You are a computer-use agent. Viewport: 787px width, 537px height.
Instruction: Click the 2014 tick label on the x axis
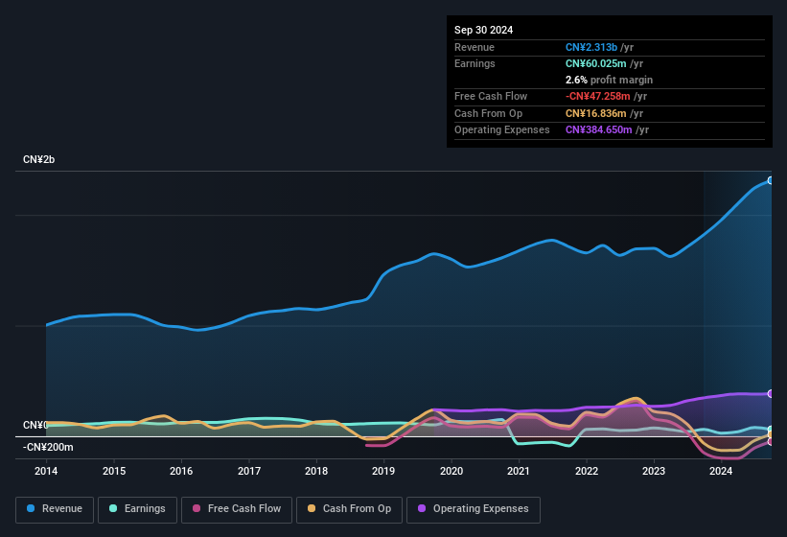tap(46, 471)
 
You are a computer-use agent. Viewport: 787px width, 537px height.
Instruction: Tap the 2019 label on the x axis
tap(383, 471)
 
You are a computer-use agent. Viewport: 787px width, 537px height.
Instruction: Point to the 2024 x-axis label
tap(721, 471)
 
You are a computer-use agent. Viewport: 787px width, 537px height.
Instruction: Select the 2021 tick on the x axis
tap(519, 471)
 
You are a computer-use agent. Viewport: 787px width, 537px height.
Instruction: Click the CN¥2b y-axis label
tap(39, 159)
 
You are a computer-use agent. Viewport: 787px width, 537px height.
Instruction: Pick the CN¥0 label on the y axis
tap(35, 425)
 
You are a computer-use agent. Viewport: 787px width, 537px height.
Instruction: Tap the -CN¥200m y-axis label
tap(48, 447)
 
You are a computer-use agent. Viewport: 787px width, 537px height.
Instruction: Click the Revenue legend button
tap(55, 509)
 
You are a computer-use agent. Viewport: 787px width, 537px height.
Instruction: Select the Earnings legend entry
tap(138, 509)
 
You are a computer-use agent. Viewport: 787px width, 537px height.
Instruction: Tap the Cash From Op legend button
tap(348, 509)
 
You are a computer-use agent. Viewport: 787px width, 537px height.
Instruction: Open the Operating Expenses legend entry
tap(474, 509)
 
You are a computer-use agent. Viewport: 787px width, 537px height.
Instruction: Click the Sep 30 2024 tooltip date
tap(484, 30)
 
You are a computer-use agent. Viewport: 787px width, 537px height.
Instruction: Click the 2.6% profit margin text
tap(609, 80)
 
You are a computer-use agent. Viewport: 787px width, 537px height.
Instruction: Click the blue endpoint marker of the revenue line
tap(771, 180)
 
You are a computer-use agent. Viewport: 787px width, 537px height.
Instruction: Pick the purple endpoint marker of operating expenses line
tap(771, 393)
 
